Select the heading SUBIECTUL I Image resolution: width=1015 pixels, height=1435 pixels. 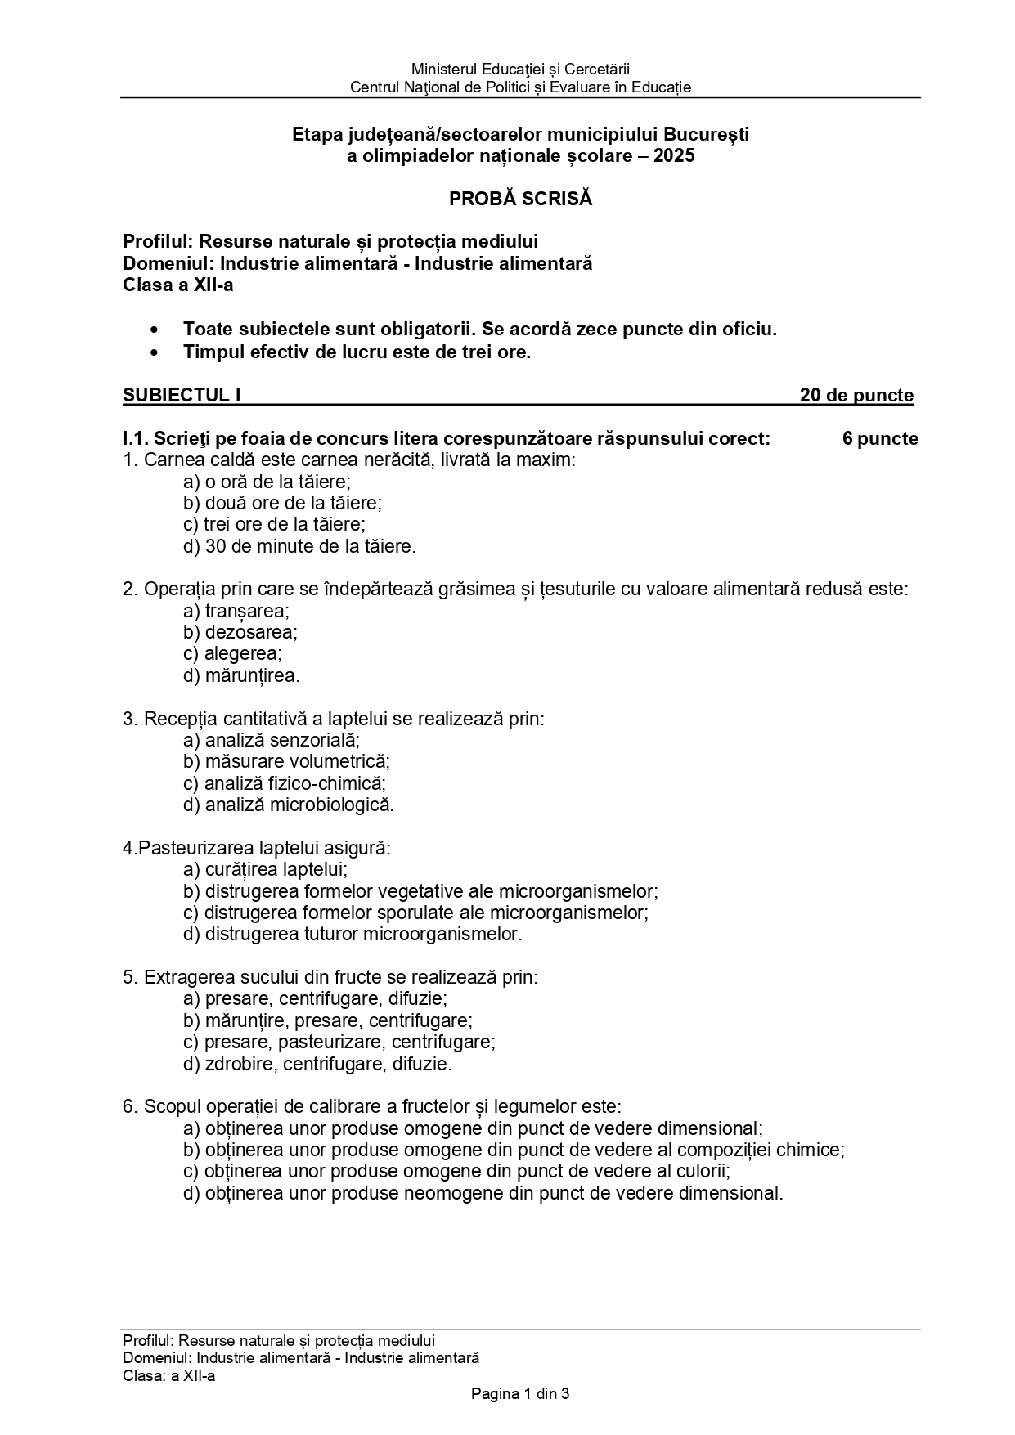point(182,396)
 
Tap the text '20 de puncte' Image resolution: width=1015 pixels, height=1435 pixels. point(856,396)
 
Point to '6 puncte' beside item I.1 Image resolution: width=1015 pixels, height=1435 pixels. point(880,439)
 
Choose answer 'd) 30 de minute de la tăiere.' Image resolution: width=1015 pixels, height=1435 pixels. point(299,546)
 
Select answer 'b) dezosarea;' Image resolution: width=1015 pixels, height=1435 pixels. point(240,632)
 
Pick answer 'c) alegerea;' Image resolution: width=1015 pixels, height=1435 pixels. point(232,654)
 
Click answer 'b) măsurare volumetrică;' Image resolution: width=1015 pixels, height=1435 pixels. point(286,761)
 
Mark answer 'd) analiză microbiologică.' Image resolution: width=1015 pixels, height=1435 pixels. point(289,805)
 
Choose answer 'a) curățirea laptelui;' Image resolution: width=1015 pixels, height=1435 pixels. point(266,869)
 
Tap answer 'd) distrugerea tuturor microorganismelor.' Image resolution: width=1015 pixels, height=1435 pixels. point(353,934)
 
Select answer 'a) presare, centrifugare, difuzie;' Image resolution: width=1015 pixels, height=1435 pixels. point(315,998)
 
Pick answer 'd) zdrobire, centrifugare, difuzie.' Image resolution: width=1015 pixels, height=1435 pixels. point(317,1064)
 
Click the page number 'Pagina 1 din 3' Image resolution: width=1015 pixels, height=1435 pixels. point(520,1394)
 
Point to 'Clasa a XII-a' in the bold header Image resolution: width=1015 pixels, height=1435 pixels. point(177,285)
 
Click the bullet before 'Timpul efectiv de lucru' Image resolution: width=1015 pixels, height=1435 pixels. point(155,353)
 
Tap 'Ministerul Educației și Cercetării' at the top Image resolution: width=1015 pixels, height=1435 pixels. point(520,70)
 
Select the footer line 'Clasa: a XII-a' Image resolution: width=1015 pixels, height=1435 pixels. point(168,1375)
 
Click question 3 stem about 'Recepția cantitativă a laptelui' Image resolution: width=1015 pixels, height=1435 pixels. point(333,719)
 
